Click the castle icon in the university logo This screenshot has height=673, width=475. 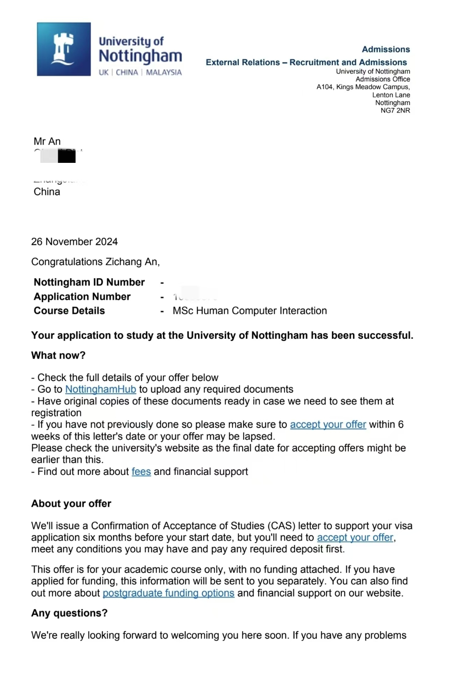tap(63, 49)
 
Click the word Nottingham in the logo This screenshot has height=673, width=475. tap(140, 56)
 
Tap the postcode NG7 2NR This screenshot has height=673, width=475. tap(395, 111)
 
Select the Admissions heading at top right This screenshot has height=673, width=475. tap(385, 49)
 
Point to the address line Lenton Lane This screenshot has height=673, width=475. tap(391, 95)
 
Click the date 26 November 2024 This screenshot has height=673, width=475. tap(74, 242)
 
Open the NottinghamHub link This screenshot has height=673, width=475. tap(100, 390)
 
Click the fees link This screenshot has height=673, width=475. tap(141, 472)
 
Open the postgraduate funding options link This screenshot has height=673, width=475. tap(168, 593)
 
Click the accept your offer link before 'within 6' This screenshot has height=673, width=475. tap(328, 425)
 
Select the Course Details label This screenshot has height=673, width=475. tap(69, 311)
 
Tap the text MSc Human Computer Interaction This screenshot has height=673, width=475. tap(249, 311)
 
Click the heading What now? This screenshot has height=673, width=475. tap(58, 355)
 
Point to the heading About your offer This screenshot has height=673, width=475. tap(71, 504)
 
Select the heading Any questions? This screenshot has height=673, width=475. tap(69, 613)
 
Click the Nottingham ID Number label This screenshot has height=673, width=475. tap(89, 282)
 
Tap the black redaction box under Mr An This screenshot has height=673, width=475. tap(66, 156)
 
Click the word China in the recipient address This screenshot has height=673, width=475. tap(46, 191)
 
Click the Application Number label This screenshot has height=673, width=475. tap(82, 297)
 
